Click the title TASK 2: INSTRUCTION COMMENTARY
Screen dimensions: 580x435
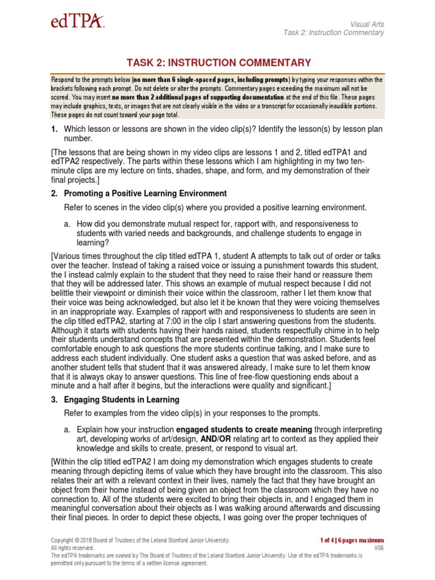[x=217, y=63]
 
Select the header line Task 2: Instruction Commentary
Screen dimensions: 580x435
[x=334, y=32]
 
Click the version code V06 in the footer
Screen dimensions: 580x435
[x=379, y=548]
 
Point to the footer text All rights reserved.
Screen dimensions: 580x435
[x=72, y=548]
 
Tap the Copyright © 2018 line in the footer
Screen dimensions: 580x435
[x=140, y=540]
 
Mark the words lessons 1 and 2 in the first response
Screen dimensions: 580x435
[x=267, y=152]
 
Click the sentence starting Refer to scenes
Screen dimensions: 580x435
[x=215, y=207]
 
